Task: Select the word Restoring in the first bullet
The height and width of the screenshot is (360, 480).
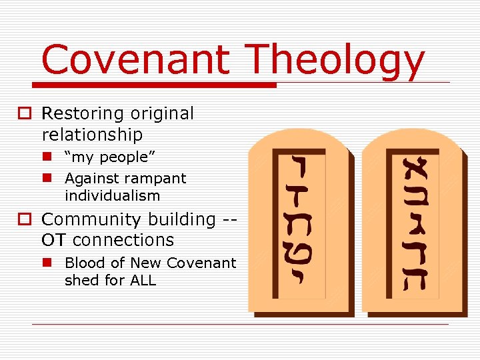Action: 85,114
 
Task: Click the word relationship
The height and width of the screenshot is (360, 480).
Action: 92,135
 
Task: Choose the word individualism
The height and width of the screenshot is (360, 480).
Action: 112,196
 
